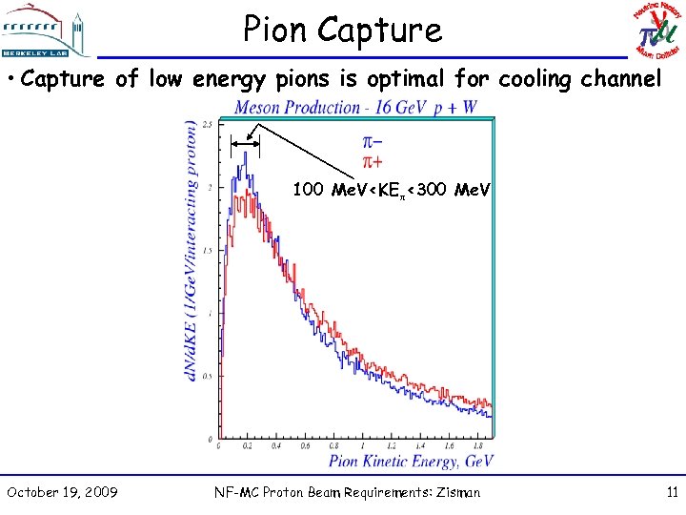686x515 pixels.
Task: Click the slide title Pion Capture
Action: tap(342, 30)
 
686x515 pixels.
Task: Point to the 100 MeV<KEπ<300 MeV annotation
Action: tap(391, 190)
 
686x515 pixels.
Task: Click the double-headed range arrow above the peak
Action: tap(245, 144)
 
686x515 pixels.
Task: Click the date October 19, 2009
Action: tap(62, 492)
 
